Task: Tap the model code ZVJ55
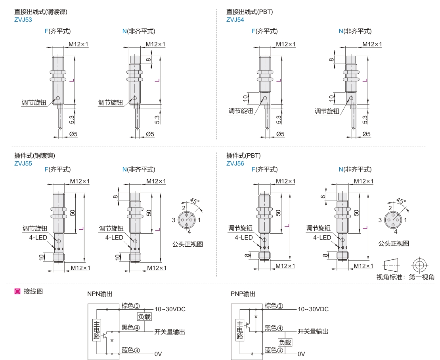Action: (x=23, y=163)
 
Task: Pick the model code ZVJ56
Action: (x=235, y=163)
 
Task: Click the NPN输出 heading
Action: (x=100, y=294)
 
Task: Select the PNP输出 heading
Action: (x=243, y=294)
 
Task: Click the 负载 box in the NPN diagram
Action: (x=144, y=316)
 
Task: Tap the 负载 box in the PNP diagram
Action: (x=285, y=342)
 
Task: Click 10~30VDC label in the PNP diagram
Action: (x=313, y=309)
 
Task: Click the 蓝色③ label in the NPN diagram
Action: (x=131, y=350)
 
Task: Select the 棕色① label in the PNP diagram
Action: (x=274, y=306)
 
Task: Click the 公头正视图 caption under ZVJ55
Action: (x=187, y=244)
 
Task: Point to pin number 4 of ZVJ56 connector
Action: (x=395, y=231)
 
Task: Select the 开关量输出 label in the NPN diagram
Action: (x=170, y=331)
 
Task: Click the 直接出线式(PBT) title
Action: (x=249, y=12)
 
